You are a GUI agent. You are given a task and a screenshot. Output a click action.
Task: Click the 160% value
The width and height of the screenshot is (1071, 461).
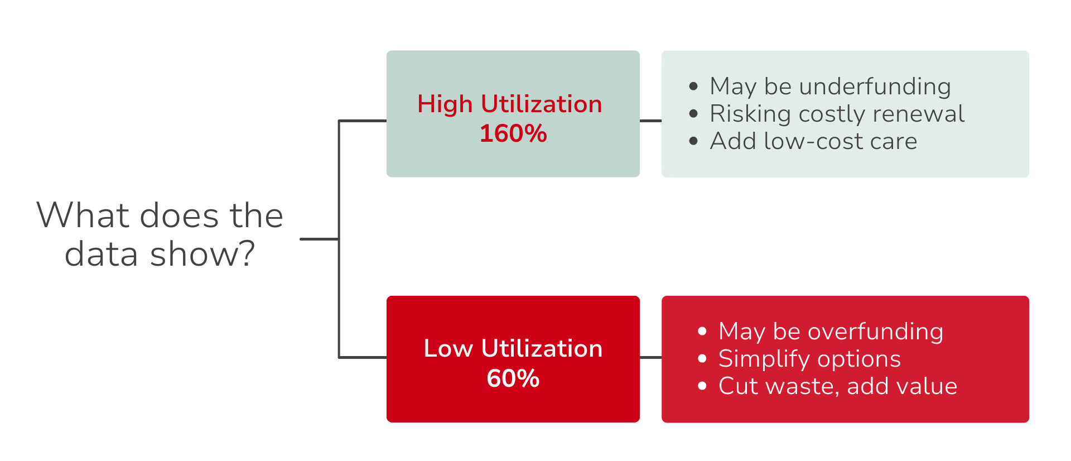(513, 134)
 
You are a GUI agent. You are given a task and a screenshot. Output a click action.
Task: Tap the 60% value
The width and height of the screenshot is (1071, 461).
(513, 378)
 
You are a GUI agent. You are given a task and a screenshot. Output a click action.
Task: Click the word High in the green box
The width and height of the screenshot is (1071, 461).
(445, 105)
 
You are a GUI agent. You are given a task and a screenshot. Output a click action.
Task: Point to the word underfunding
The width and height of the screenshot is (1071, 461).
(875, 87)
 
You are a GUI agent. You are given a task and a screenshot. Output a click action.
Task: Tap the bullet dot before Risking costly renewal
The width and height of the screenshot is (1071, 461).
(693, 114)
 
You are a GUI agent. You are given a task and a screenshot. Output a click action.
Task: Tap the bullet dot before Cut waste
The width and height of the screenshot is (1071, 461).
(702, 386)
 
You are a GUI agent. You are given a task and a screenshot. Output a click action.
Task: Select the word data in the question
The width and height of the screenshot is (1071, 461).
(101, 254)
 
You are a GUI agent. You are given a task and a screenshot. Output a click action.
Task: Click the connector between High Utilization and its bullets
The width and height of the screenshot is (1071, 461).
(650, 121)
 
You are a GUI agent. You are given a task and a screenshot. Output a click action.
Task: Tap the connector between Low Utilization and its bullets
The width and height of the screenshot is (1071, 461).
(650, 357)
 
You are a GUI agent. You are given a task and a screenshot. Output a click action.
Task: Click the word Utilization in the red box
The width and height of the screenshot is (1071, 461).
(542, 349)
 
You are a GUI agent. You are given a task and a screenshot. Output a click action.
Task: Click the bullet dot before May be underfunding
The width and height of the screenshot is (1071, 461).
(693, 87)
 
